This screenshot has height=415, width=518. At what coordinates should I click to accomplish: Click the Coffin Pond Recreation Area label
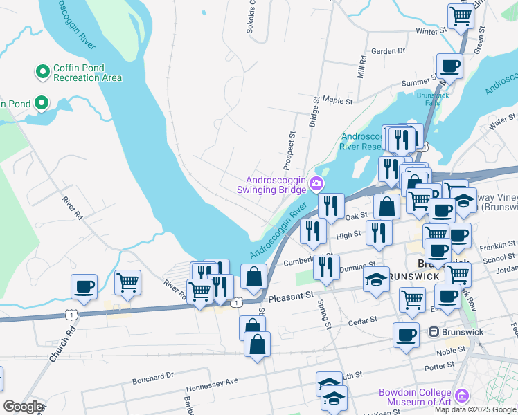point(88,73)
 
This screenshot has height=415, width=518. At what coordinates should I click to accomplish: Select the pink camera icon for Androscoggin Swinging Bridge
point(316,183)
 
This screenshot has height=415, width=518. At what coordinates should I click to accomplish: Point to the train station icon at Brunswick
point(435,332)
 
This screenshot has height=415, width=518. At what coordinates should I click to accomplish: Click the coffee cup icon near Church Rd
point(84,287)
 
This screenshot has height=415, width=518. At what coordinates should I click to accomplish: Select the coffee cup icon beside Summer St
point(449,67)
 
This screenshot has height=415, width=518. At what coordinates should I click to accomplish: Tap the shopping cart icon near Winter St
point(461,15)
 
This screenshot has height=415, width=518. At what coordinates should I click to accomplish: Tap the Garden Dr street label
point(388,51)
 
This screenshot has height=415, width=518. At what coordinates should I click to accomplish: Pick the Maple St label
point(337,101)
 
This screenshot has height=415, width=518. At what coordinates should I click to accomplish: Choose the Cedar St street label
point(363,320)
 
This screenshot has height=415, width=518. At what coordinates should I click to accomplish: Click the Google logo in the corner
point(23,407)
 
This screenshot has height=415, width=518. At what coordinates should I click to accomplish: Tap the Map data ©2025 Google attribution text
point(474,409)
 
